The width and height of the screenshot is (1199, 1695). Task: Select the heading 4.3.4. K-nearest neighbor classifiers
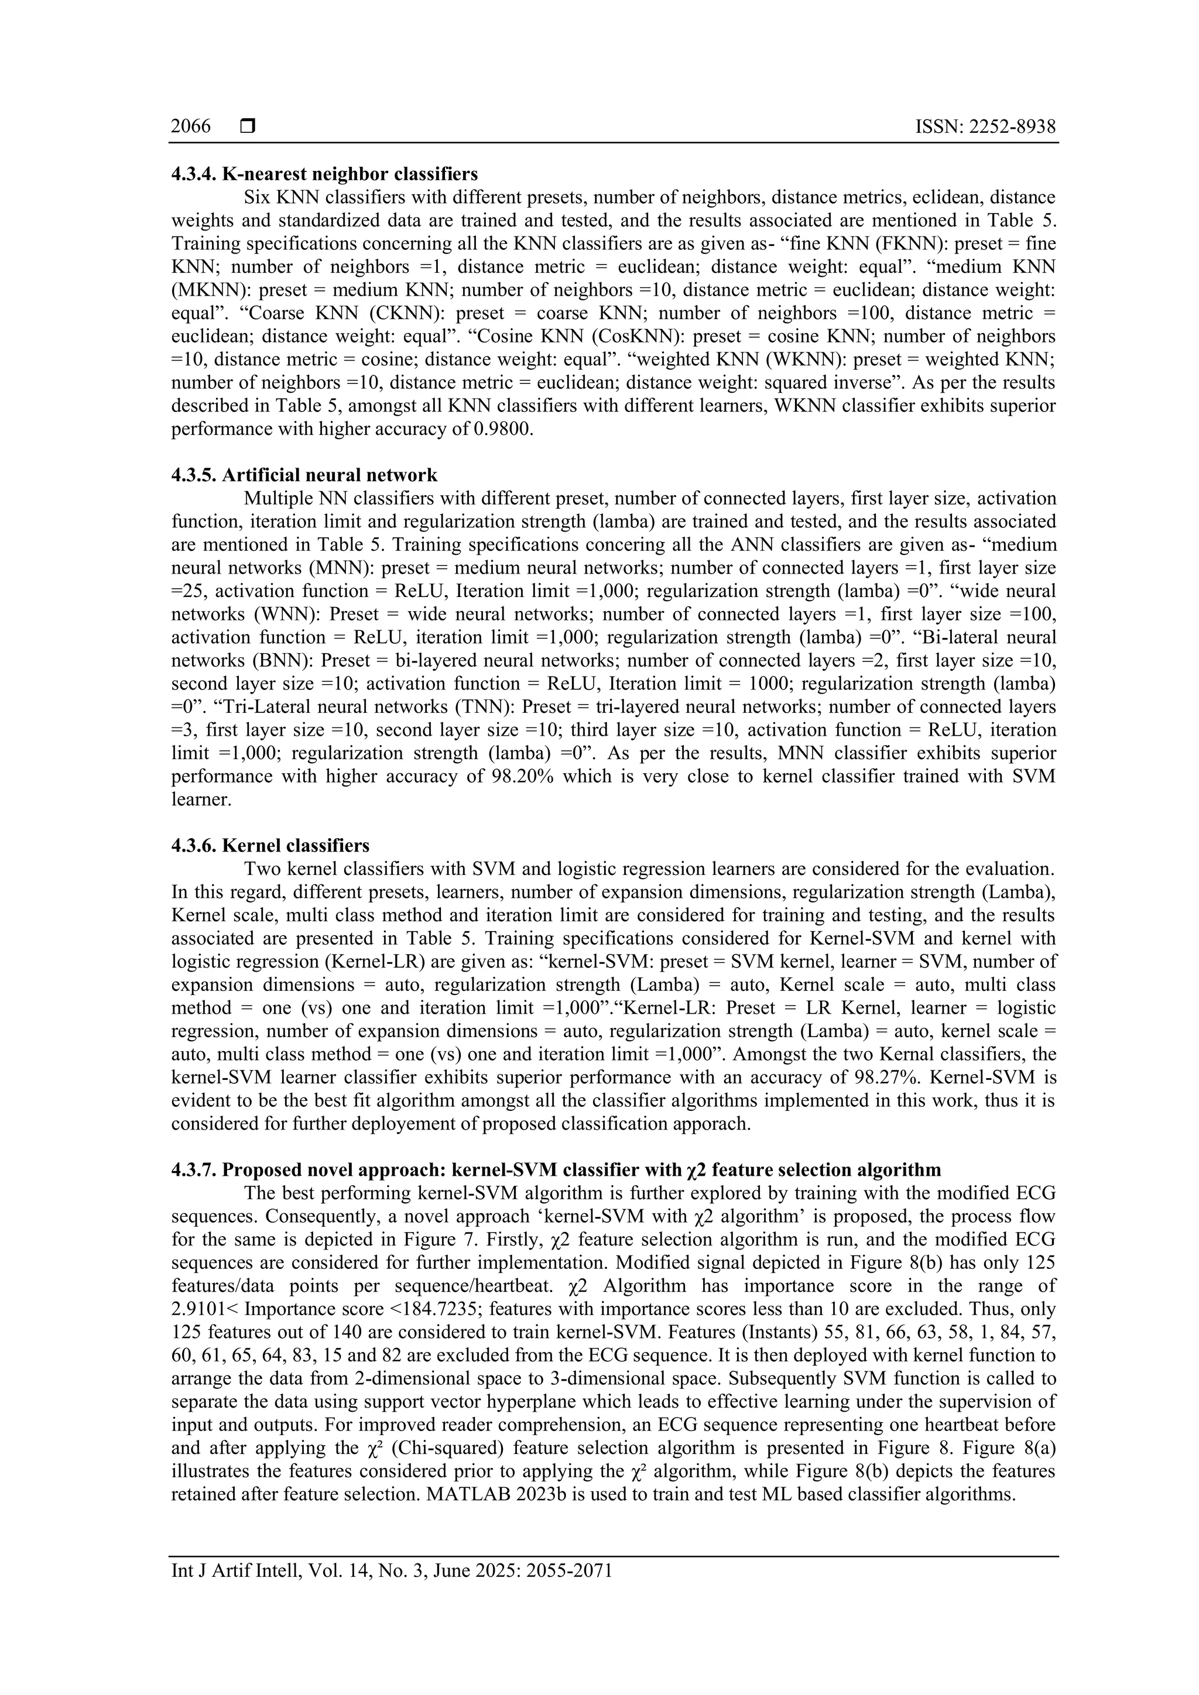point(324,174)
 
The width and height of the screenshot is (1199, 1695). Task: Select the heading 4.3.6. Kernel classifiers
point(270,845)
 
